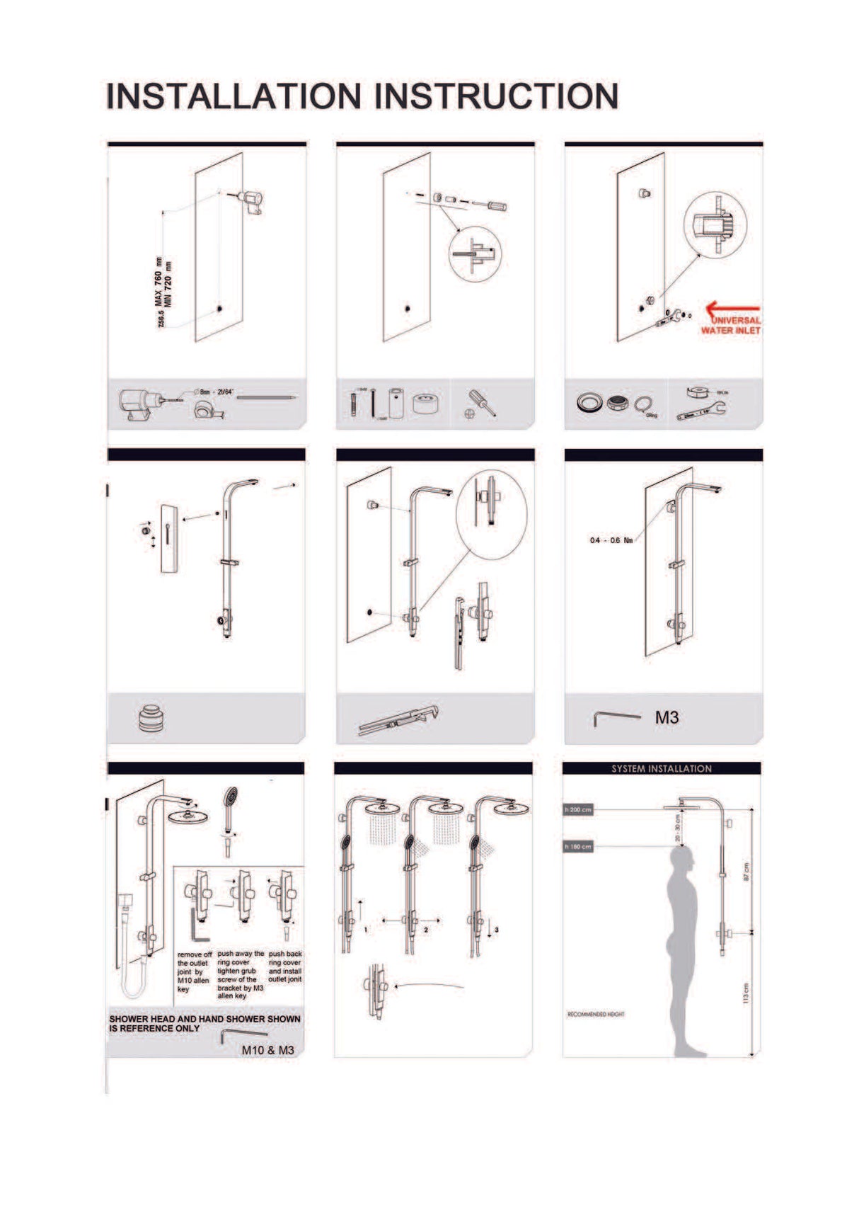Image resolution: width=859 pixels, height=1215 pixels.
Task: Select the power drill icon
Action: pyautogui.click(x=140, y=404)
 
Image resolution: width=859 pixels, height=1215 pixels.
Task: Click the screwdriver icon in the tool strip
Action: pyautogui.click(x=480, y=404)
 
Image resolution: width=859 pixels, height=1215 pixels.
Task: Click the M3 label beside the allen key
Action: pyautogui.click(x=667, y=718)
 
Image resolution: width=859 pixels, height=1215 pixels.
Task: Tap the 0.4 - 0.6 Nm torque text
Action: pyautogui.click(x=611, y=540)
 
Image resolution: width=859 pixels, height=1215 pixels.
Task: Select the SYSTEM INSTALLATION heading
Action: pyautogui.click(x=662, y=768)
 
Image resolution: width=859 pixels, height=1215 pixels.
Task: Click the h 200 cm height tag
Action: pyautogui.click(x=578, y=809)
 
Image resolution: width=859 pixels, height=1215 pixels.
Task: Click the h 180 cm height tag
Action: pyautogui.click(x=578, y=847)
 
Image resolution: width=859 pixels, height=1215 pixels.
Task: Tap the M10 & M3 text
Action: pyautogui.click(x=267, y=1050)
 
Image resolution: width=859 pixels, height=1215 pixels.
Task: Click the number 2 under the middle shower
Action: pyautogui.click(x=426, y=930)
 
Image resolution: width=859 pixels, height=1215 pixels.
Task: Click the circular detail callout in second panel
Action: pyautogui.click(x=475, y=254)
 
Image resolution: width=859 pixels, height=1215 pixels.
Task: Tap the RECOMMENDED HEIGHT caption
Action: pyautogui.click(x=596, y=1015)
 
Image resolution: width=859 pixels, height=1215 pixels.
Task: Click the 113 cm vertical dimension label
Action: pyautogui.click(x=746, y=992)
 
